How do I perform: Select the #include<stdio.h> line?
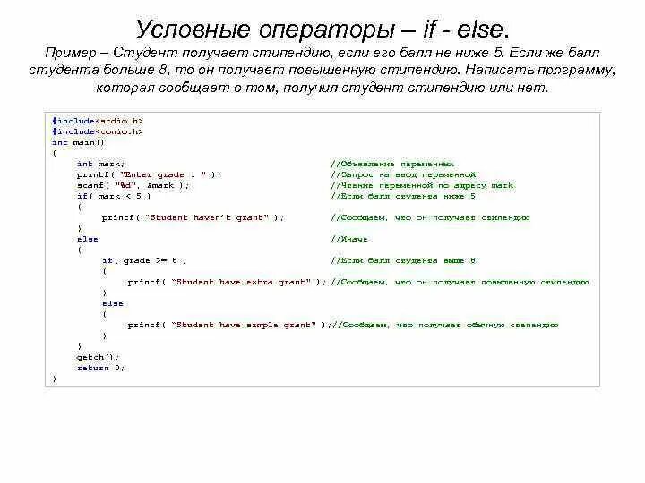tap(98, 120)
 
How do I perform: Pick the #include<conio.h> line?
tap(98, 131)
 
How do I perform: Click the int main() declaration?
tap(78, 141)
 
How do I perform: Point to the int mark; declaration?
tap(101, 164)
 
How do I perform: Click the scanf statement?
tap(133, 185)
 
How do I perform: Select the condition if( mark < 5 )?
tap(114, 196)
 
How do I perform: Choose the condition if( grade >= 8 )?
tap(144, 260)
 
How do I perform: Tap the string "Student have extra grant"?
tap(241, 282)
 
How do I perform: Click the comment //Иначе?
tap(349, 239)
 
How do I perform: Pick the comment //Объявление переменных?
tap(392, 164)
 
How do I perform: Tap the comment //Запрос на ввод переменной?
tap(403, 174)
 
